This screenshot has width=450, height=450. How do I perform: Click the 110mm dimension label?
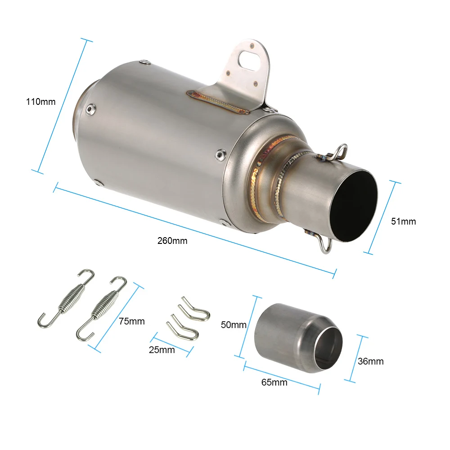41,102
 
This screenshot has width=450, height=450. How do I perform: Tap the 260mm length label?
172,241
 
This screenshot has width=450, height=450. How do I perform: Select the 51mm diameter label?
404,221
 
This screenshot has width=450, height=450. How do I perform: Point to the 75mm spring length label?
132,321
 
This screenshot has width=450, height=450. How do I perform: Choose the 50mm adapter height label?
234,324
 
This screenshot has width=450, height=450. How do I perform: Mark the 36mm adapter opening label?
371,361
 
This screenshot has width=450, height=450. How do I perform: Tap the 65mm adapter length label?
274,382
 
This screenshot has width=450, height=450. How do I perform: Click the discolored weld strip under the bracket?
218,101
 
